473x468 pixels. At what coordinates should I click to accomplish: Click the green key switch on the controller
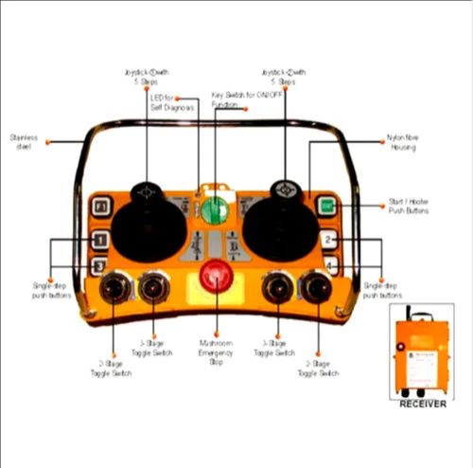215,207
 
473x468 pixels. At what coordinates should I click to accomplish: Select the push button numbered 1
100,241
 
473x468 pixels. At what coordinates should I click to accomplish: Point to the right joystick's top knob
285,190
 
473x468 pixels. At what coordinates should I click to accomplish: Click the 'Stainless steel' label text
24,142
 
